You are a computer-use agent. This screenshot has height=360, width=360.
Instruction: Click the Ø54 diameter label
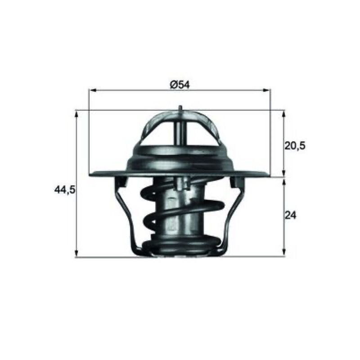tap(180, 85)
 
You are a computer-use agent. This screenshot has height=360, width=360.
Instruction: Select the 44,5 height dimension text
tap(65, 190)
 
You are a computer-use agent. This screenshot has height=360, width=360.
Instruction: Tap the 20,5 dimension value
tap(295, 145)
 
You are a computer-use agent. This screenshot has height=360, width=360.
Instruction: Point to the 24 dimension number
tap(291, 216)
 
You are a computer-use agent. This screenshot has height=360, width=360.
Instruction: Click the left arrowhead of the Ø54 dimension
tap(92, 90)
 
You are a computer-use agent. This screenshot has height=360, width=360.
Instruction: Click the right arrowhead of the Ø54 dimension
tap(267, 90)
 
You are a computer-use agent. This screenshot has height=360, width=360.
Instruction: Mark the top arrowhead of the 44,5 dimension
tap(76, 114)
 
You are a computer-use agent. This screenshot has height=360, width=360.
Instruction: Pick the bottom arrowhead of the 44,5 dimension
tap(76, 253)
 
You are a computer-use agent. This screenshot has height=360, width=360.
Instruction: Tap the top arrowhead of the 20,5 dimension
tap(284, 114)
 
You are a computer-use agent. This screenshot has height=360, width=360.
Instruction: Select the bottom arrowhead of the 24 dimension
tap(284, 252)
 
